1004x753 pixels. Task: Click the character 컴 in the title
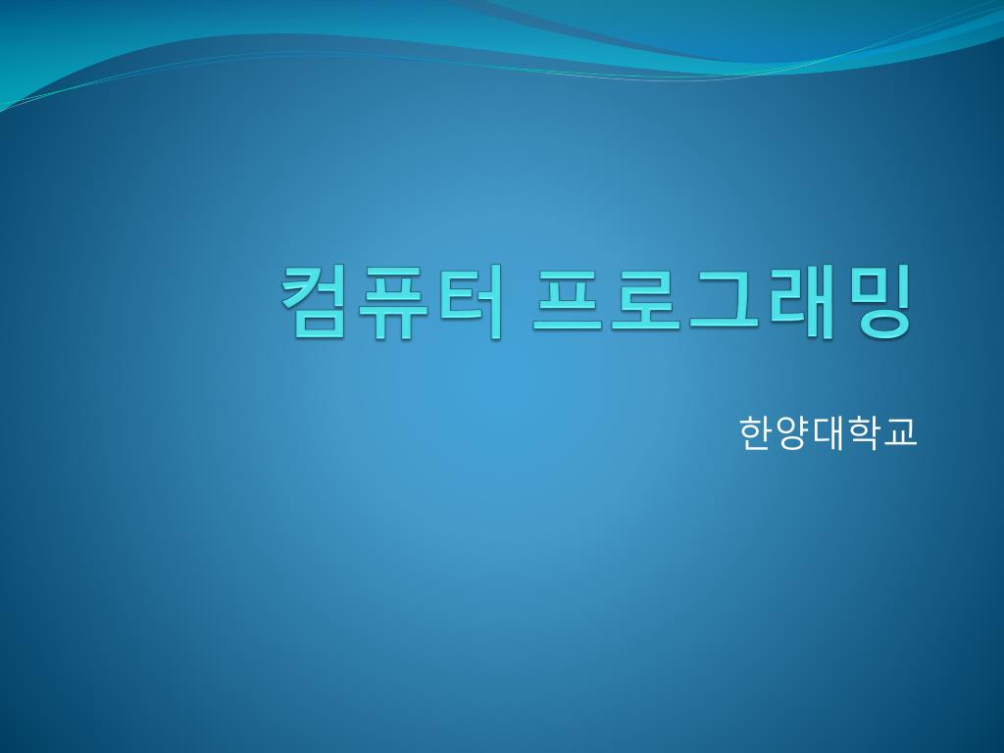(313, 301)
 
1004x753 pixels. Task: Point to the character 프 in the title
(568, 300)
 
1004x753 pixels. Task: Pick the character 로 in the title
(645, 300)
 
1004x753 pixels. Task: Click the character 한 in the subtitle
(756, 432)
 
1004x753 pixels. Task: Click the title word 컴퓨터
(392, 301)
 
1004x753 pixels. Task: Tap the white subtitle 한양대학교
(828, 432)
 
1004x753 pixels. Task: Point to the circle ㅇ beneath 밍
(883, 324)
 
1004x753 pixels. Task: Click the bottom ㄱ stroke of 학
(867, 443)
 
